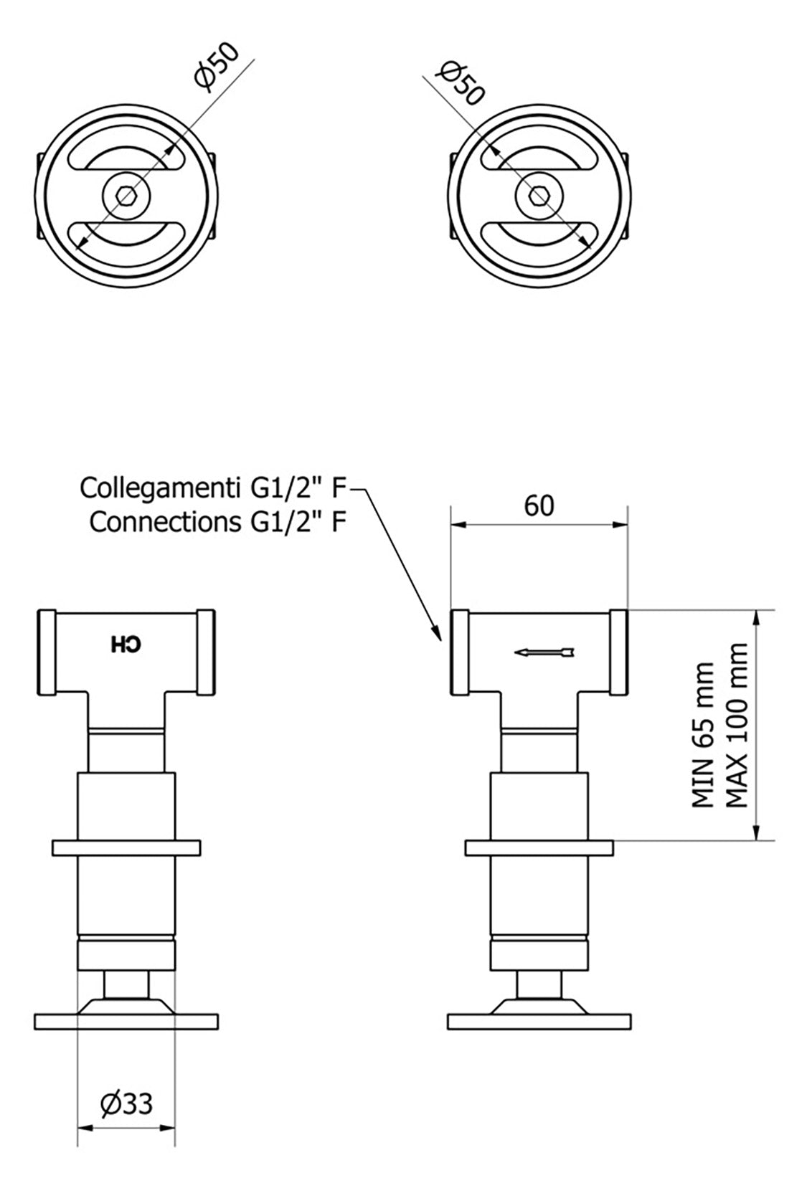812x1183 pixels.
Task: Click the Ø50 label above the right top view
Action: tap(460, 83)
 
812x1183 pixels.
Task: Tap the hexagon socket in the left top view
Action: tap(126, 197)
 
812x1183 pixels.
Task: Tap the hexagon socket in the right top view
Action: tap(539, 196)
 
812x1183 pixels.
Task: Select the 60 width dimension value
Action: tap(539, 505)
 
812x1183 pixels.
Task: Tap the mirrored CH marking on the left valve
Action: tap(126, 645)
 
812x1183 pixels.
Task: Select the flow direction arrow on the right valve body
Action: tap(544, 652)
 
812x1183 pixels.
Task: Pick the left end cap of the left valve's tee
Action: tap(47, 652)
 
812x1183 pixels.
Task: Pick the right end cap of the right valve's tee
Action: tap(619, 652)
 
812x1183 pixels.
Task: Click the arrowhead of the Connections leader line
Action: tap(436, 632)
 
